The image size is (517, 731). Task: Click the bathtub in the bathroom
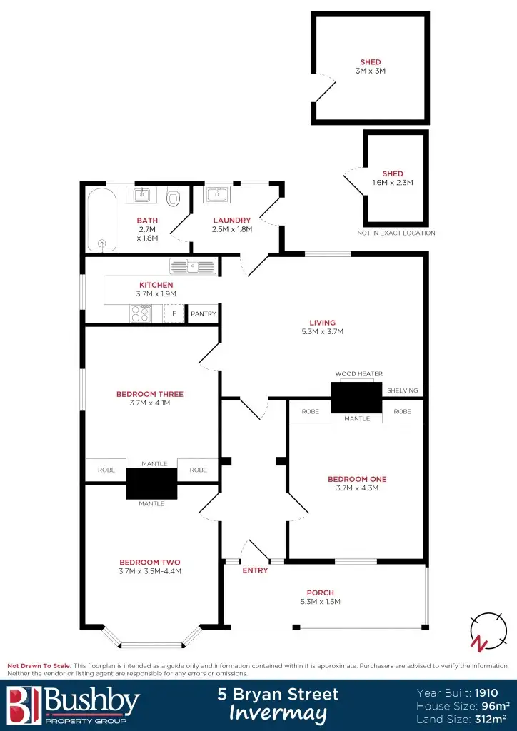coord(101,219)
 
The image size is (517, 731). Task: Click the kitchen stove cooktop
coord(140,313)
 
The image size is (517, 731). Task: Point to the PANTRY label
coord(203,314)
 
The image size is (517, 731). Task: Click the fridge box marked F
coord(173,313)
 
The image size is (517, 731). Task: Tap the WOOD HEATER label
coord(358,374)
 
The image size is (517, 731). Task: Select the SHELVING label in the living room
coord(402,390)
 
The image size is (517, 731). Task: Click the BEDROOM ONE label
coord(357,479)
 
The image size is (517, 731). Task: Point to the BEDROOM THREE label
coord(150,394)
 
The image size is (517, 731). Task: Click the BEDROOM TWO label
coord(149,562)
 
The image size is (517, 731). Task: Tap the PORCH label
coord(320,593)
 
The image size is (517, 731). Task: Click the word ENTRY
coord(255,570)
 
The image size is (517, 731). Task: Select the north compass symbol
coord(483,632)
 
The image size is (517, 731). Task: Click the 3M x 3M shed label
coord(371,71)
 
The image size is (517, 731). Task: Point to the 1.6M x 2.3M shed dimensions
coord(393,183)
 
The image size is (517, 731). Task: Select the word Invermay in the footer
coord(278,712)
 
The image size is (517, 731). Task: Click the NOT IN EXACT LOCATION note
coord(396,233)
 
